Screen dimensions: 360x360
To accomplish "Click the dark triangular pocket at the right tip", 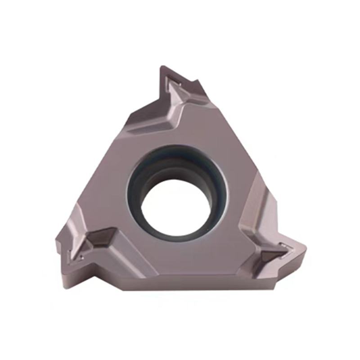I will (272, 256).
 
